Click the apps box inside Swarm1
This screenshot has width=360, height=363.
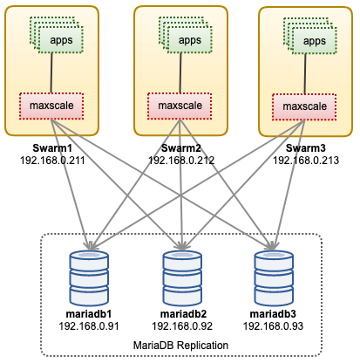point(61,39)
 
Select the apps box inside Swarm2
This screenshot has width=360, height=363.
point(189,39)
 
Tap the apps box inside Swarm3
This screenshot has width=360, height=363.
point(315,40)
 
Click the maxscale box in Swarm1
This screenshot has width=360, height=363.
point(51,106)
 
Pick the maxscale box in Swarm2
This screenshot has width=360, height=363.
point(180,106)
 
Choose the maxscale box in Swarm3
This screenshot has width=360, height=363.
point(304,107)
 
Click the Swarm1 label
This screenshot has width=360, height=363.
point(52,148)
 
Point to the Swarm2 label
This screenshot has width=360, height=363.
point(181,148)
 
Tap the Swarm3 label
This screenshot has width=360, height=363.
point(306,148)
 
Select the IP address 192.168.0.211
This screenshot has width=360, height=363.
point(52,161)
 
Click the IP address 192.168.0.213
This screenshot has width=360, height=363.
point(306,161)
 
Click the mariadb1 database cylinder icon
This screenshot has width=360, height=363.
point(89,278)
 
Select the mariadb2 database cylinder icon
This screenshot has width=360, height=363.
point(182,278)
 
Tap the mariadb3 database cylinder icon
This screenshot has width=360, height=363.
point(274,278)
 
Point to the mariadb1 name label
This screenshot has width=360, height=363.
point(89,314)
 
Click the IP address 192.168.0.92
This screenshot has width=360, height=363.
point(182,326)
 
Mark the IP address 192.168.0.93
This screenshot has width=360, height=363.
point(273,326)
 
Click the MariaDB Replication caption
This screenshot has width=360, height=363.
point(180,346)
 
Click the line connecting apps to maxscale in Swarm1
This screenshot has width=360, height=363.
point(51,73)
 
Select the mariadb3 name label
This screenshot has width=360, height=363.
point(273,314)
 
